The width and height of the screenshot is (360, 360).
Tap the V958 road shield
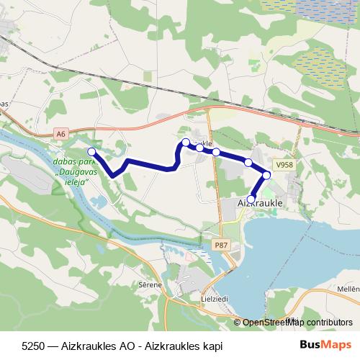point(284,164)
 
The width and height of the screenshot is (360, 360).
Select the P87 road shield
point(220,246)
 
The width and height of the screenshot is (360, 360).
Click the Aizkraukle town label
point(259,204)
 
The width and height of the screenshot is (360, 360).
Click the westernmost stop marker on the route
point(91,151)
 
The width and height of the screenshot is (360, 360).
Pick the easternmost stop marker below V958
point(266,175)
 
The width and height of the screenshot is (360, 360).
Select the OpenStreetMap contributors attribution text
point(297,322)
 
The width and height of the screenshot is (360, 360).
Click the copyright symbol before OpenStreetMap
point(238,322)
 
